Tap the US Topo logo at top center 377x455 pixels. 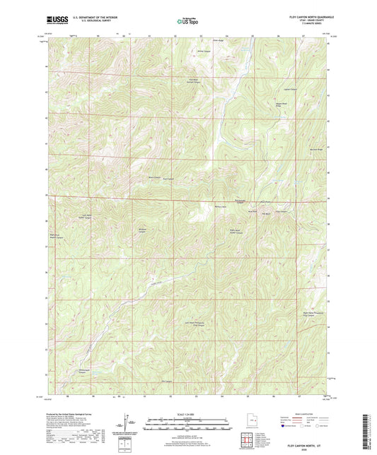tap(187, 23)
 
